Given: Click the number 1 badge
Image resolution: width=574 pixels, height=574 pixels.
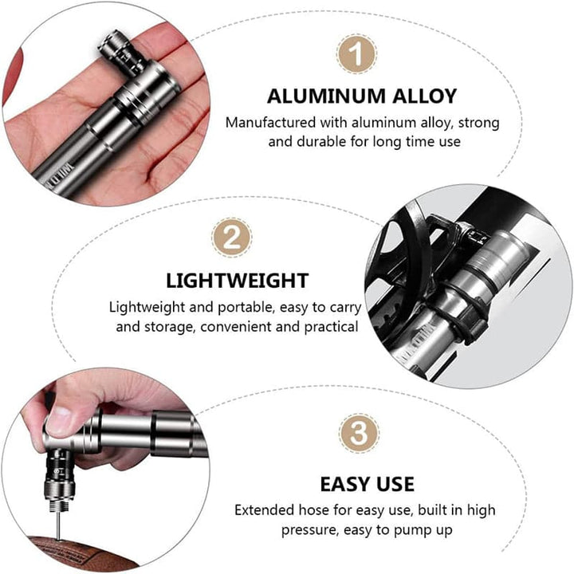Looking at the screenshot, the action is tap(356, 54).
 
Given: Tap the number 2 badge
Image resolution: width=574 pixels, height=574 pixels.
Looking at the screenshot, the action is tap(232, 238).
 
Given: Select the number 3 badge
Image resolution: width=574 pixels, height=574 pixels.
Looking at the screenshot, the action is tap(359, 433).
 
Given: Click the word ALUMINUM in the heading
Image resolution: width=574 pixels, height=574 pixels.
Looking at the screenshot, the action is tap(327, 96).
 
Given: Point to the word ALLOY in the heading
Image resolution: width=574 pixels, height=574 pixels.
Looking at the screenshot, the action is tap(425, 96).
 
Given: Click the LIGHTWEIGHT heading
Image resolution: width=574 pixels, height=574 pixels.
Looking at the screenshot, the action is tap(238, 281).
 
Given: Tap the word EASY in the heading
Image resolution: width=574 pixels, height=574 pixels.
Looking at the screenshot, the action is tap(345, 485).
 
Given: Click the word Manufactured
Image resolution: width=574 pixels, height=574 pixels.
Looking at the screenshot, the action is tap(270, 122).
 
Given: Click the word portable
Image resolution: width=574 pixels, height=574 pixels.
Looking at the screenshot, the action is tap(246, 308).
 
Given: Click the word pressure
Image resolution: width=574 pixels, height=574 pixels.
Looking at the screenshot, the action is tap(309, 530).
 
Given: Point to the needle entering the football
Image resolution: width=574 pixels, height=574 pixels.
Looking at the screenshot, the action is tap(58, 525).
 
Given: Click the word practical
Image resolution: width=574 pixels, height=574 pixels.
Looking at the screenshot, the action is tap(331, 327).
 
